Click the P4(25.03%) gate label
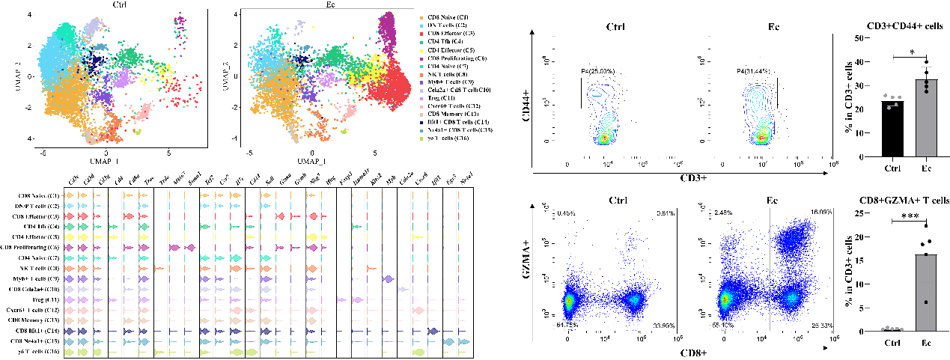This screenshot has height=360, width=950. [x=597, y=70]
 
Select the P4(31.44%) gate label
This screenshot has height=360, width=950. [x=755, y=70]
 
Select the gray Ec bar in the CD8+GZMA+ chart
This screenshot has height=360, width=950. [x=925, y=293]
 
